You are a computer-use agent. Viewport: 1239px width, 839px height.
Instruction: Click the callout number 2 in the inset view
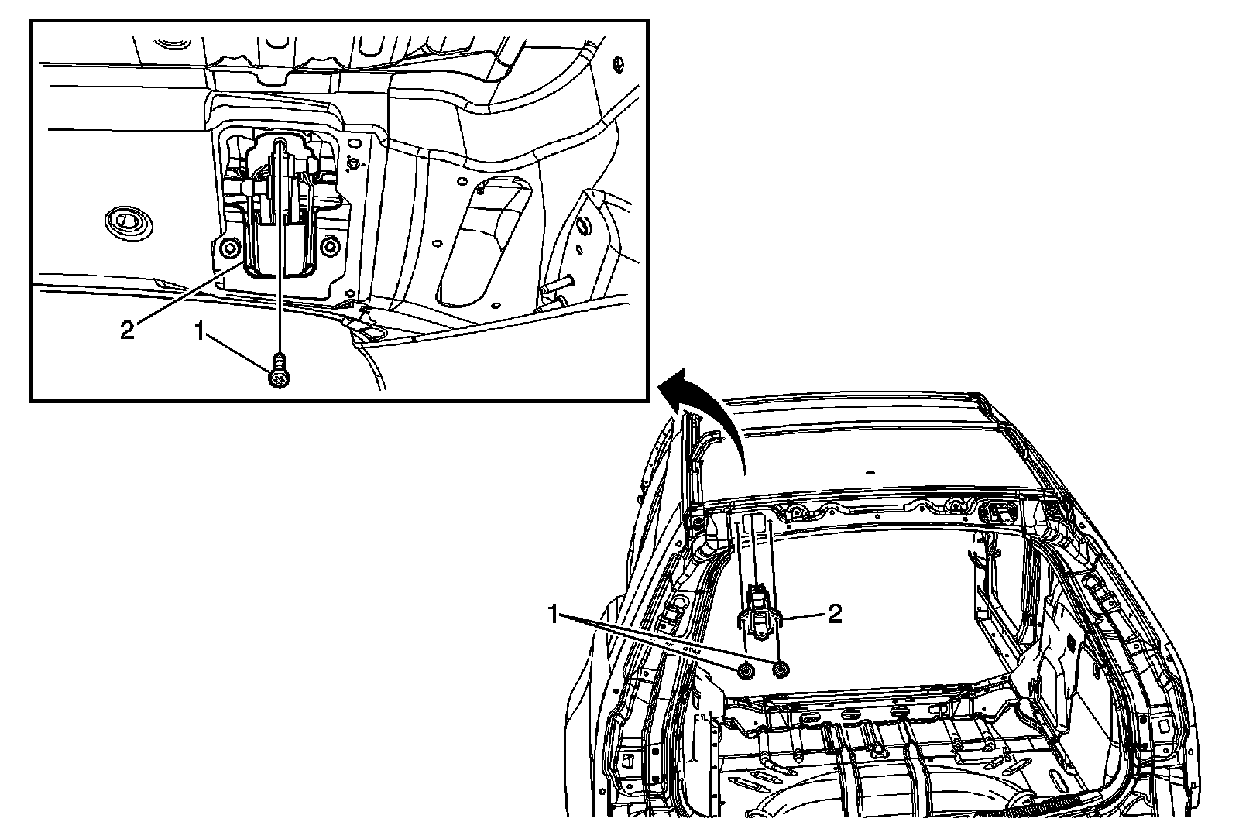[x=127, y=330]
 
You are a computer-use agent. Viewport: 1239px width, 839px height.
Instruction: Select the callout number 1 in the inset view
[x=200, y=331]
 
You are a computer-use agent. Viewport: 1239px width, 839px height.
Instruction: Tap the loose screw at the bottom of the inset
[x=280, y=371]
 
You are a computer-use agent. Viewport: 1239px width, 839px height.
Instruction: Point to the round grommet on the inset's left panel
[x=129, y=223]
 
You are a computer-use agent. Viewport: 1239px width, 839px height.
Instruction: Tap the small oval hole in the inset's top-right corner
[x=619, y=64]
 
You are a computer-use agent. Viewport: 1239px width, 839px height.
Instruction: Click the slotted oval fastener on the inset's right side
[x=583, y=226]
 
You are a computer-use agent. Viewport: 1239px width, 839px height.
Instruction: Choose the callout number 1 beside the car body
[x=554, y=615]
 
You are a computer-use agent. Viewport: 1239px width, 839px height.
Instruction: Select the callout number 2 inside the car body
[x=835, y=614]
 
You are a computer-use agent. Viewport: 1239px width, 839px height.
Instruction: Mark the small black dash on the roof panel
[x=870, y=473]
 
